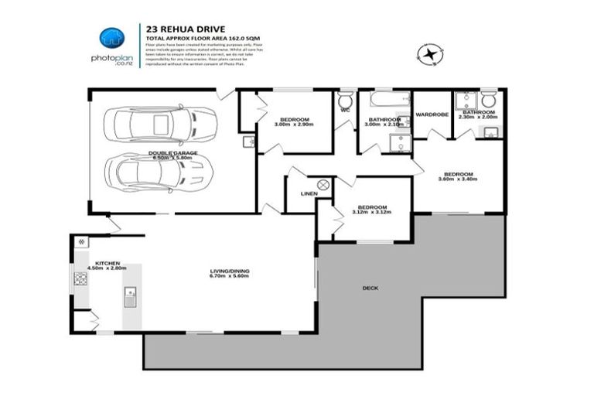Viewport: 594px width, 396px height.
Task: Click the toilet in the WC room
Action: (346, 101)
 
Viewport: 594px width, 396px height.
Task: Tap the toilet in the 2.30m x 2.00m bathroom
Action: (488, 101)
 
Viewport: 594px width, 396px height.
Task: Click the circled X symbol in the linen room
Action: (323, 184)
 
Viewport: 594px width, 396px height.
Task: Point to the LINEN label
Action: (309, 193)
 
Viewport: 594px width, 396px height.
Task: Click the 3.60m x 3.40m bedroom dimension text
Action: (456, 179)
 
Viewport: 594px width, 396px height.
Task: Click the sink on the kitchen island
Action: (130, 294)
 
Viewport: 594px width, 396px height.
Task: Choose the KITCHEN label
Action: (105, 263)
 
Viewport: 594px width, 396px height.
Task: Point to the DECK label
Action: (370, 288)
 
